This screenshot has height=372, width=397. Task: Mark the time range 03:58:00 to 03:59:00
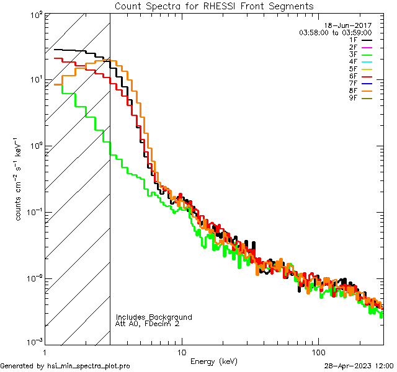coord(335,32)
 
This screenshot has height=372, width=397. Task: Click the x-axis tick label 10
coord(181,352)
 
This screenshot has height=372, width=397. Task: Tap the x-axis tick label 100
coord(318,352)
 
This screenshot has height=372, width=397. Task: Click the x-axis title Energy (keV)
coord(214,361)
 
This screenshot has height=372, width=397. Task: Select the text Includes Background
coord(154,317)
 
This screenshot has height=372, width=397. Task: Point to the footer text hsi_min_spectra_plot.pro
coord(89,366)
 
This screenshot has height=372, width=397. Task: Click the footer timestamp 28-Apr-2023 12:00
coord(359,366)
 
